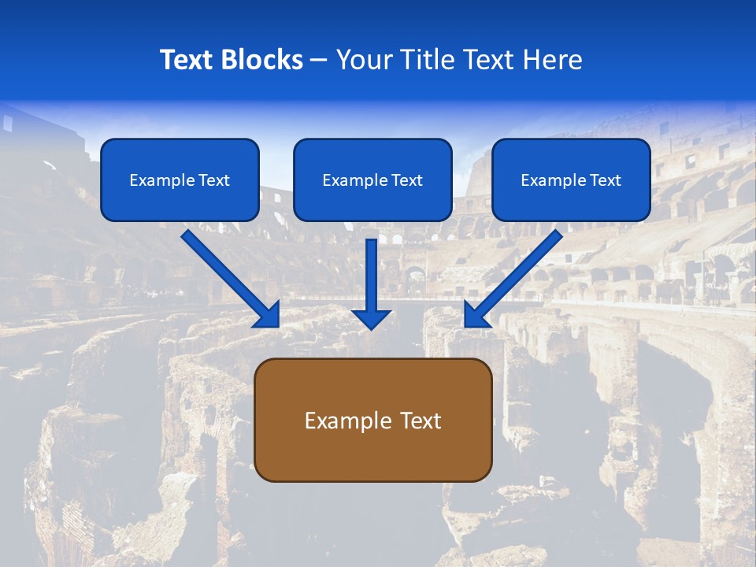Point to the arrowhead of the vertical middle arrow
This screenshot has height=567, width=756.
[x=371, y=318]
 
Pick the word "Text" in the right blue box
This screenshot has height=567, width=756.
[x=605, y=180]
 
